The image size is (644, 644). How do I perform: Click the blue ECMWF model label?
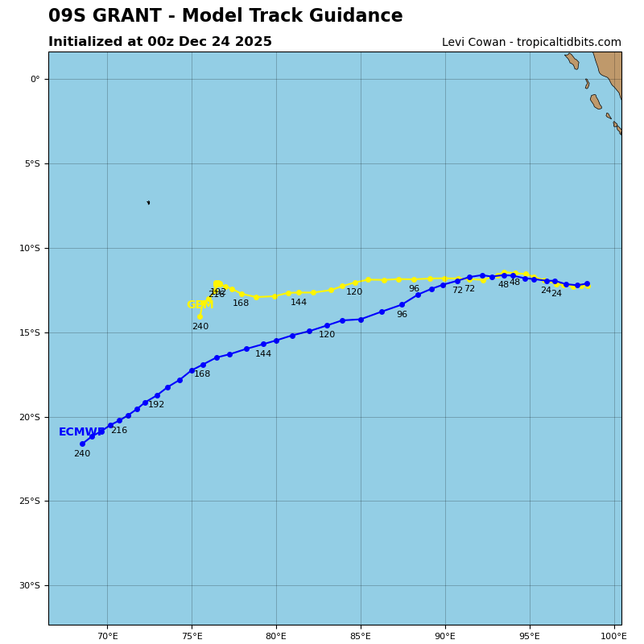(x=80, y=432)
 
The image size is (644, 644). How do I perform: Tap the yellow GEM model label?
(x=200, y=305)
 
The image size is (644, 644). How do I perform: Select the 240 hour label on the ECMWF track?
(x=82, y=454)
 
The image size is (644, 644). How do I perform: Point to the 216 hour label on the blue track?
(x=119, y=431)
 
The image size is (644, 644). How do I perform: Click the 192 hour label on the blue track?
(x=156, y=405)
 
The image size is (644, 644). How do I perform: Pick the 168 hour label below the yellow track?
(x=241, y=303)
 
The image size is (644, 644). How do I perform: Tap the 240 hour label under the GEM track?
(x=200, y=327)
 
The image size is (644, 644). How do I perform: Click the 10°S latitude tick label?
(x=30, y=248)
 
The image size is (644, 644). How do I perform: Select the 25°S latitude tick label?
(x=30, y=501)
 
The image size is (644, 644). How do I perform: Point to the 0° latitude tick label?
(x=35, y=79)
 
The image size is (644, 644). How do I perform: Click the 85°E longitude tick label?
(x=361, y=636)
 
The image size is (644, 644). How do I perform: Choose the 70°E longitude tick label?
(x=107, y=636)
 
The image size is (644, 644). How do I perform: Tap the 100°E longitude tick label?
(x=613, y=636)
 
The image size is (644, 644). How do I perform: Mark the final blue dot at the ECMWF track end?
(x=82, y=444)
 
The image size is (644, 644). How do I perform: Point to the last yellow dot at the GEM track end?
(x=200, y=316)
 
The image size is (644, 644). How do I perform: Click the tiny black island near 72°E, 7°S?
(x=148, y=203)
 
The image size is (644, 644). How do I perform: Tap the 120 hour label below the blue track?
(x=327, y=335)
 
